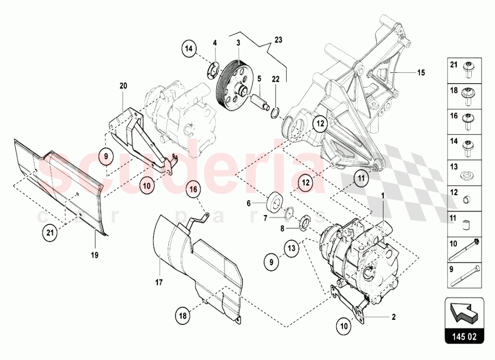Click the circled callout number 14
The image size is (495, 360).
point(189,49)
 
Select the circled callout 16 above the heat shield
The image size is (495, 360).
point(195,189)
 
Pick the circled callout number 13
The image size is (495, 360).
point(292,247)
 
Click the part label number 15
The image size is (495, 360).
point(421,73)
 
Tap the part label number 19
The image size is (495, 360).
point(95,256)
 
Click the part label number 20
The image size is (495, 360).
point(123,86)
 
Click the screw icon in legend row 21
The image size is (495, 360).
point(466,70)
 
